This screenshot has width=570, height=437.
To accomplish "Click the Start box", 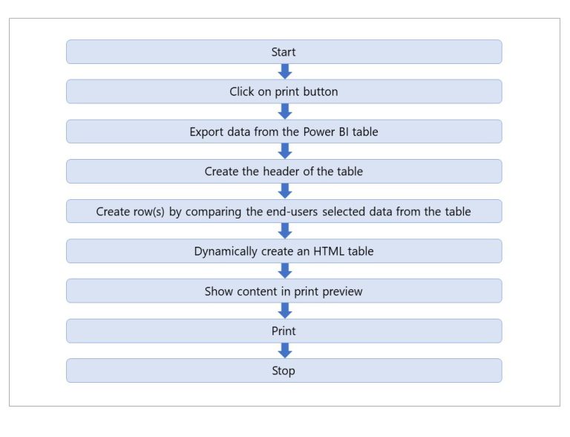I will [x=284, y=52].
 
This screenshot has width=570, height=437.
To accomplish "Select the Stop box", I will [x=284, y=371].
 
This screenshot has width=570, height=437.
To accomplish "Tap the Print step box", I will [x=284, y=331].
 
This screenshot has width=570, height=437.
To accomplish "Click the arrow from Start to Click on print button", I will [x=284, y=72].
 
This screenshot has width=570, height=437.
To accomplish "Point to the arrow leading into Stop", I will [x=284, y=351].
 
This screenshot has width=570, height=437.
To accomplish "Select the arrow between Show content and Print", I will [x=284, y=311].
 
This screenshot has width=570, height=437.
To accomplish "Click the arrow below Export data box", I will [x=284, y=152].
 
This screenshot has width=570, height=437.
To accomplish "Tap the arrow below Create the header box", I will [x=284, y=191].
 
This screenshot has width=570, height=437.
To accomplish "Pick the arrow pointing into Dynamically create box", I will [x=284, y=231].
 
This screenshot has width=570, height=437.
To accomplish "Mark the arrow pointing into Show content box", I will [x=284, y=271].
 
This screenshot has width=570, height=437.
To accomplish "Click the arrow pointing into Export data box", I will [x=284, y=111].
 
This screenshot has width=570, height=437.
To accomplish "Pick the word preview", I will [x=341, y=291].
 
